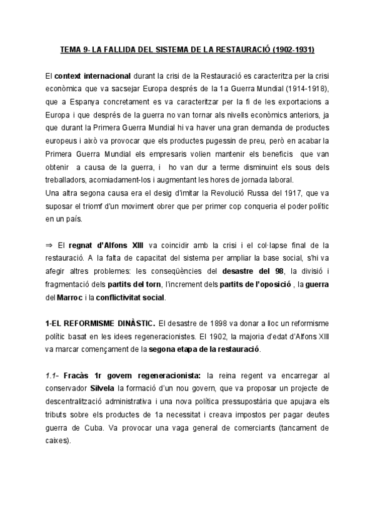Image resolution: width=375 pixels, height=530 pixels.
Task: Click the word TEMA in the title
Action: [69, 49]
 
